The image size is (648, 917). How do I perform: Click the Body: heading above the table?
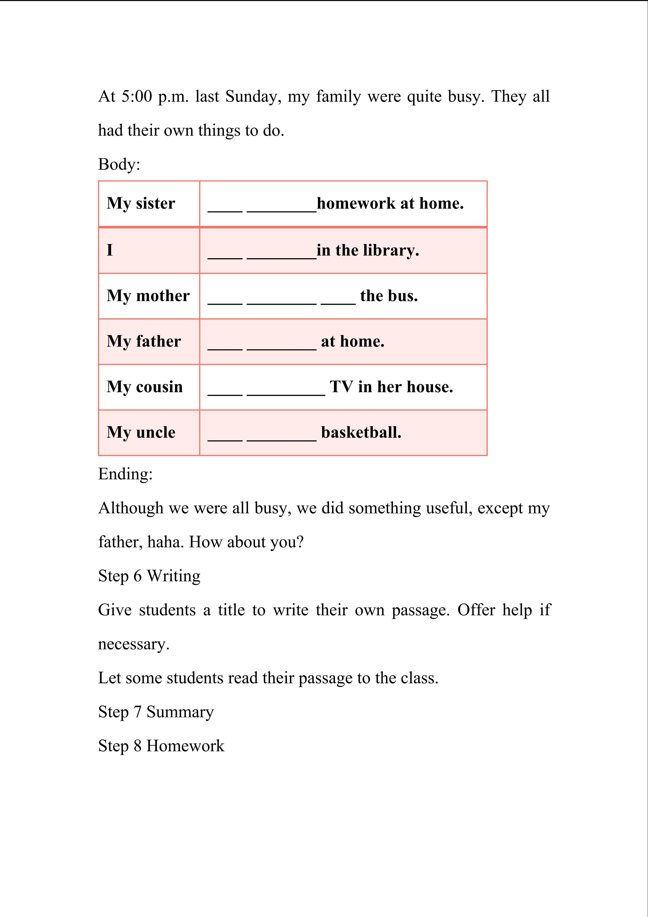tap(119, 164)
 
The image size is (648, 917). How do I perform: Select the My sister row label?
tap(141, 203)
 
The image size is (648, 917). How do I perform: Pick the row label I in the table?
tap(110, 250)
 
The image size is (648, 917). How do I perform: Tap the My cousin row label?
tap(145, 387)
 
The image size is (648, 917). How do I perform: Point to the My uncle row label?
tap(141, 432)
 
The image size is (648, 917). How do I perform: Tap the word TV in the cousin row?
tap(341, 387)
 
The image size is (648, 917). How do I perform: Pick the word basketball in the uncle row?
tap(361, 432)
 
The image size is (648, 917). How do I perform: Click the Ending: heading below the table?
tap(125, 474)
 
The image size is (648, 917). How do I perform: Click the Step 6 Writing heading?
tap(149, 576)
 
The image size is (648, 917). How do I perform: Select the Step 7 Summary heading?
tap(156, 712)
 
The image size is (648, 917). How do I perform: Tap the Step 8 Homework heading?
tap(161, 746)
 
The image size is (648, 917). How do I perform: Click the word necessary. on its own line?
tap(134, 644)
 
